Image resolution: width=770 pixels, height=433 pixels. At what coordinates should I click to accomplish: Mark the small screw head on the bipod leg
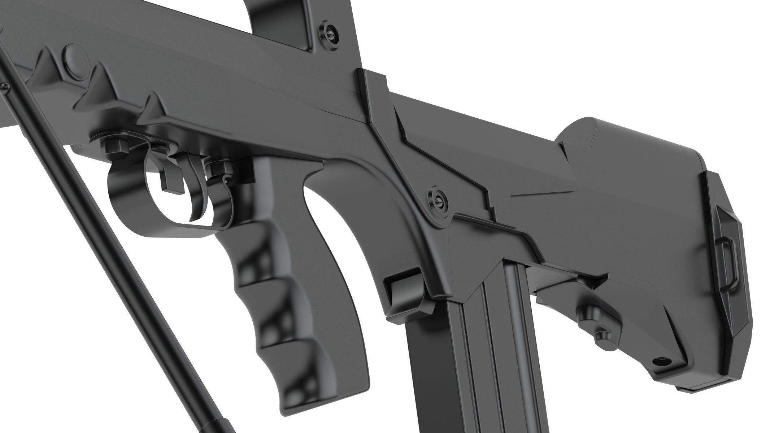click(5, 86)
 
